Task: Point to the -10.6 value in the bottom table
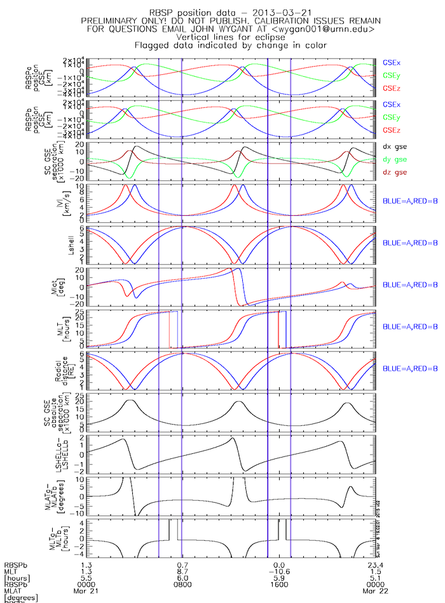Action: point(278,571)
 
